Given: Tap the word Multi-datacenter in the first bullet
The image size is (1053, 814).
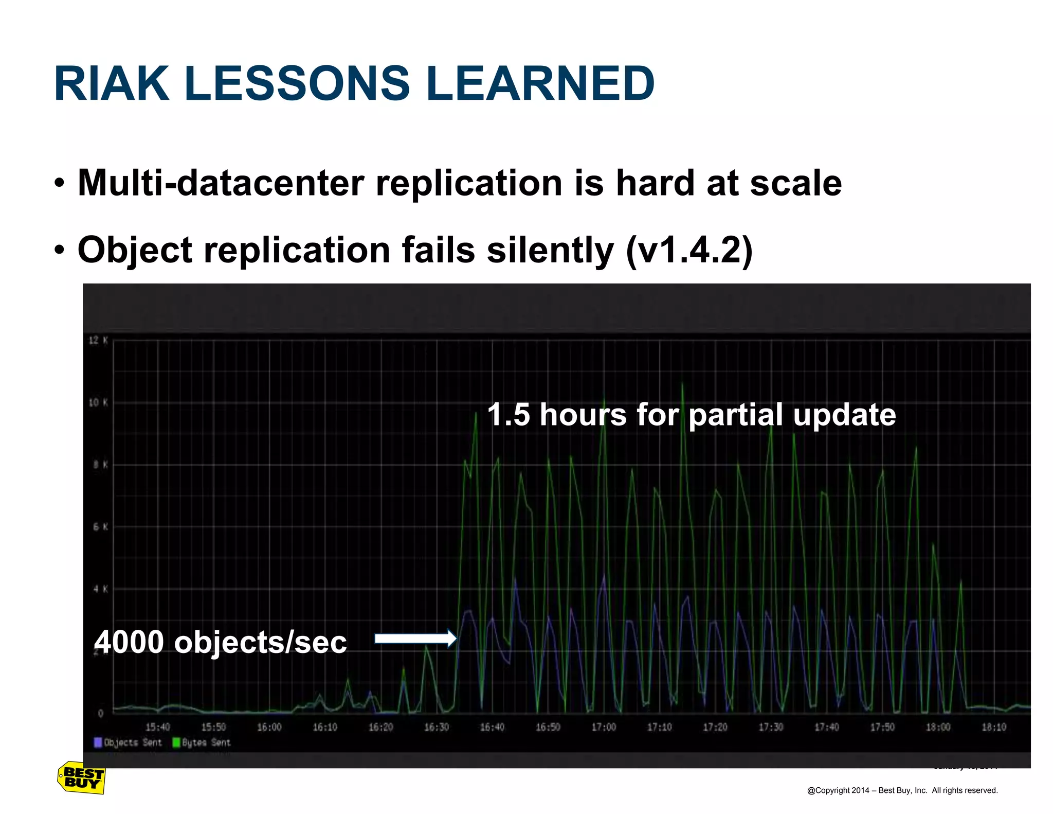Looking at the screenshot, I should click(220, 183).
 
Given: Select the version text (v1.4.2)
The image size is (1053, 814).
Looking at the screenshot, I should click(689, 251).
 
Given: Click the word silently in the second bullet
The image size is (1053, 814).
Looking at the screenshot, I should click(550, 251).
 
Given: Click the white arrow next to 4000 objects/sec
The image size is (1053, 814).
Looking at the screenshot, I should click(415, 639).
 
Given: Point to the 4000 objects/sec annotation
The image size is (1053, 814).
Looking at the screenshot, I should click(220, 642).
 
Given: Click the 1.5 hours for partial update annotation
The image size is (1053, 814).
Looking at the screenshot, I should click(691, 415).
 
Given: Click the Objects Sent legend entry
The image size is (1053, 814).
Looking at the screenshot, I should click(128, 742).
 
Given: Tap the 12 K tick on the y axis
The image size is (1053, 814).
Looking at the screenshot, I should click(98, 340).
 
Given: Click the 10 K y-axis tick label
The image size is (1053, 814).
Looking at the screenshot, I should click(98, 402).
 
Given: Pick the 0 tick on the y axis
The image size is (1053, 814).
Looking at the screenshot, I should click(101, 713).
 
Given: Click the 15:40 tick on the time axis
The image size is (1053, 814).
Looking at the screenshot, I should click(157, 727).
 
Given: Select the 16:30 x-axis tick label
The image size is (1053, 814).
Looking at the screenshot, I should click(436, 727).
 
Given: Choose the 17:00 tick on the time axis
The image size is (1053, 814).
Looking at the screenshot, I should click(604, 727).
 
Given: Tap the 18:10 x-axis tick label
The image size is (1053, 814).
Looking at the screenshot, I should click(994, 727).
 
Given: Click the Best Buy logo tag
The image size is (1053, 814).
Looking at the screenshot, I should click(81, 778).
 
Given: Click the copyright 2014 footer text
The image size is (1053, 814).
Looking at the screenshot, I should click(902, 790).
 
